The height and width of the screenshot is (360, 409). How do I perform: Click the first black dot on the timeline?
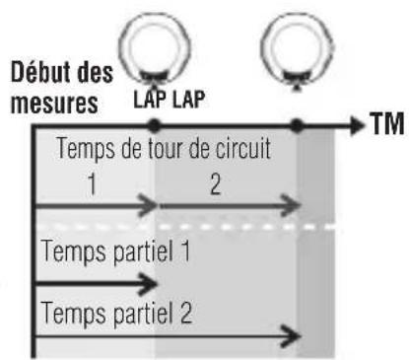pyautogui.click(x=153, y=125)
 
